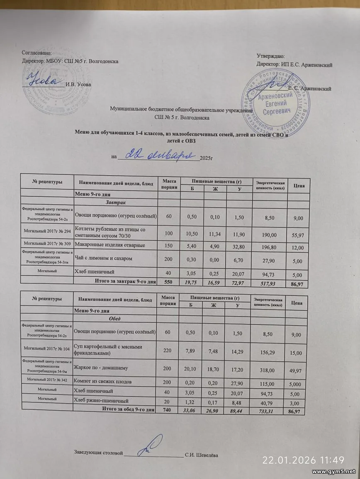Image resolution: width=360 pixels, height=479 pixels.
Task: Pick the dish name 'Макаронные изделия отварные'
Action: point(109,245)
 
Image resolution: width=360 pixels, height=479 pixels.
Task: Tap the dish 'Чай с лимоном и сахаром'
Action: point(103,259)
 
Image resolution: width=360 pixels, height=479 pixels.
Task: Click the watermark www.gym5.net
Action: point(334,472)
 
